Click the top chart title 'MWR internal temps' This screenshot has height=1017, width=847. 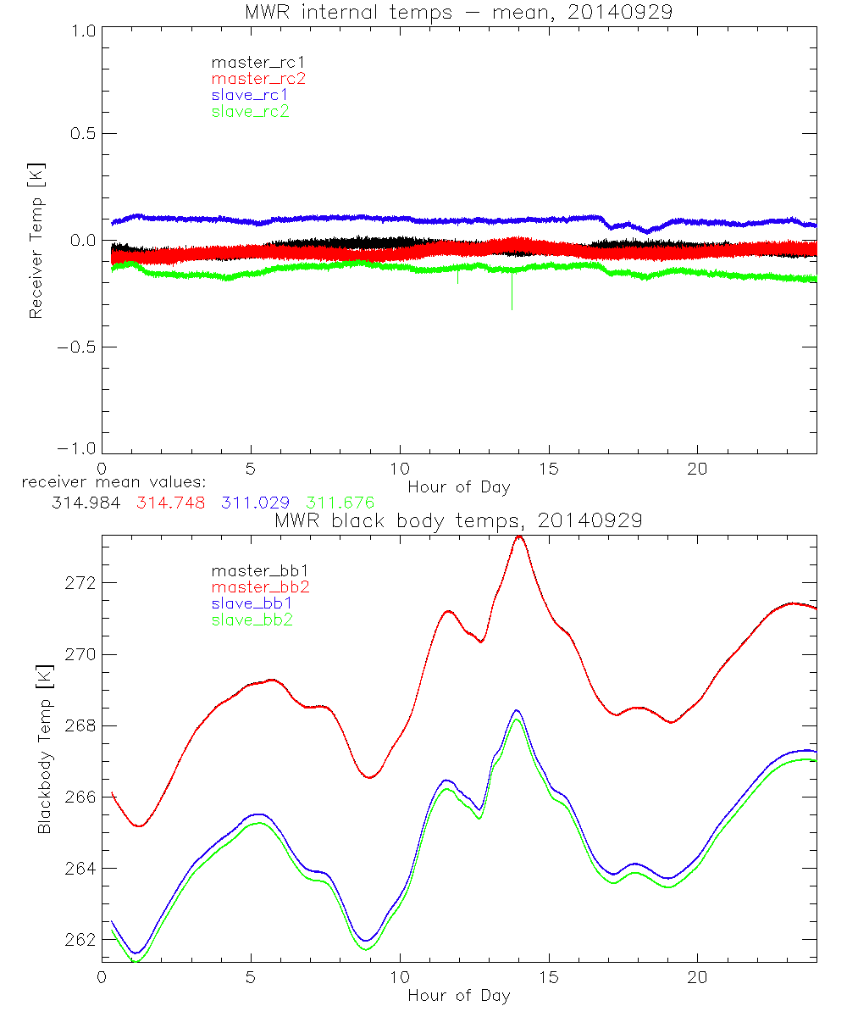click(x=457, y=12)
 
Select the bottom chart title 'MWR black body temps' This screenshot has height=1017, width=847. click(x=457, y=521)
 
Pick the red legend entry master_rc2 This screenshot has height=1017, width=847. click(x=257, y=79)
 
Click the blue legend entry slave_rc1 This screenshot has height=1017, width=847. click(x=250, y=95)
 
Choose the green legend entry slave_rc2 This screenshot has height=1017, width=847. click(x=250, y=111)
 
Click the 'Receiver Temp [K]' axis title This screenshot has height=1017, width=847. click(x=36, y=240)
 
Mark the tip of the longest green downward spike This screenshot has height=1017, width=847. click(x=512, y=310)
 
